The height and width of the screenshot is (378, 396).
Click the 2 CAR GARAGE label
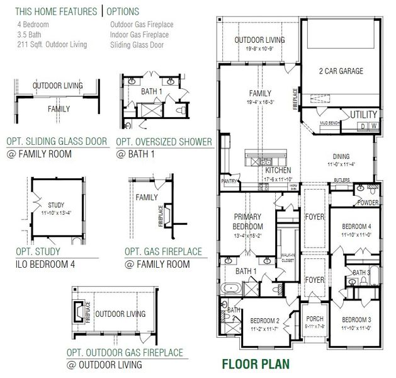[x=341, y=71]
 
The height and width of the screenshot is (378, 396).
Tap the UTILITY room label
[x=364, y=114]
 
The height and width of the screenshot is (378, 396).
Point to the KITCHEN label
[x=278, y=171]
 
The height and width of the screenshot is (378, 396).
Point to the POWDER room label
[x=367, y=202]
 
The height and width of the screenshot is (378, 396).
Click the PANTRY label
[x=228, y=180]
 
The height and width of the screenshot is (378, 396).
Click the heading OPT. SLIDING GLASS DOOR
[x=57, y=141]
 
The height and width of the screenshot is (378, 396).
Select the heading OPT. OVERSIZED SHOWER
[x=164, y=141]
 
